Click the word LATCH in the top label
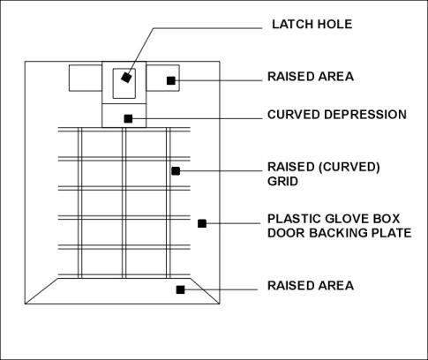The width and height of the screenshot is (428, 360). click(290, 24)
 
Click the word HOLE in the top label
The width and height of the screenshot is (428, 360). click(333, 24)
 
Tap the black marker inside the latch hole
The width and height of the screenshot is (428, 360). click(126, 78)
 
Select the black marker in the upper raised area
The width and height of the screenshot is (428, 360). click(171, 80)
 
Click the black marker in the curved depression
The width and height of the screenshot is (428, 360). click(128, 119)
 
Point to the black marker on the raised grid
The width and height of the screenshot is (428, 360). click(176, 171)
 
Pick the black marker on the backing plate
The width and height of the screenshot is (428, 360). click(202, 223)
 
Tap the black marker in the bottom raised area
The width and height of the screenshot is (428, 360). click(180, 289)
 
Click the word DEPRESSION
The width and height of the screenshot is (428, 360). click(365, 115)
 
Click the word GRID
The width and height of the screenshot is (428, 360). click(279, 181)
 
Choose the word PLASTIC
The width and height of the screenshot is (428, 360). click(294, 219)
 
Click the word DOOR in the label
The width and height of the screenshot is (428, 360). click(286, 233)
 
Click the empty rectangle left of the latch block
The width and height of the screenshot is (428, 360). click(86, 78)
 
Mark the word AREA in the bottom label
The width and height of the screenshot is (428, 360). click(335, 286)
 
